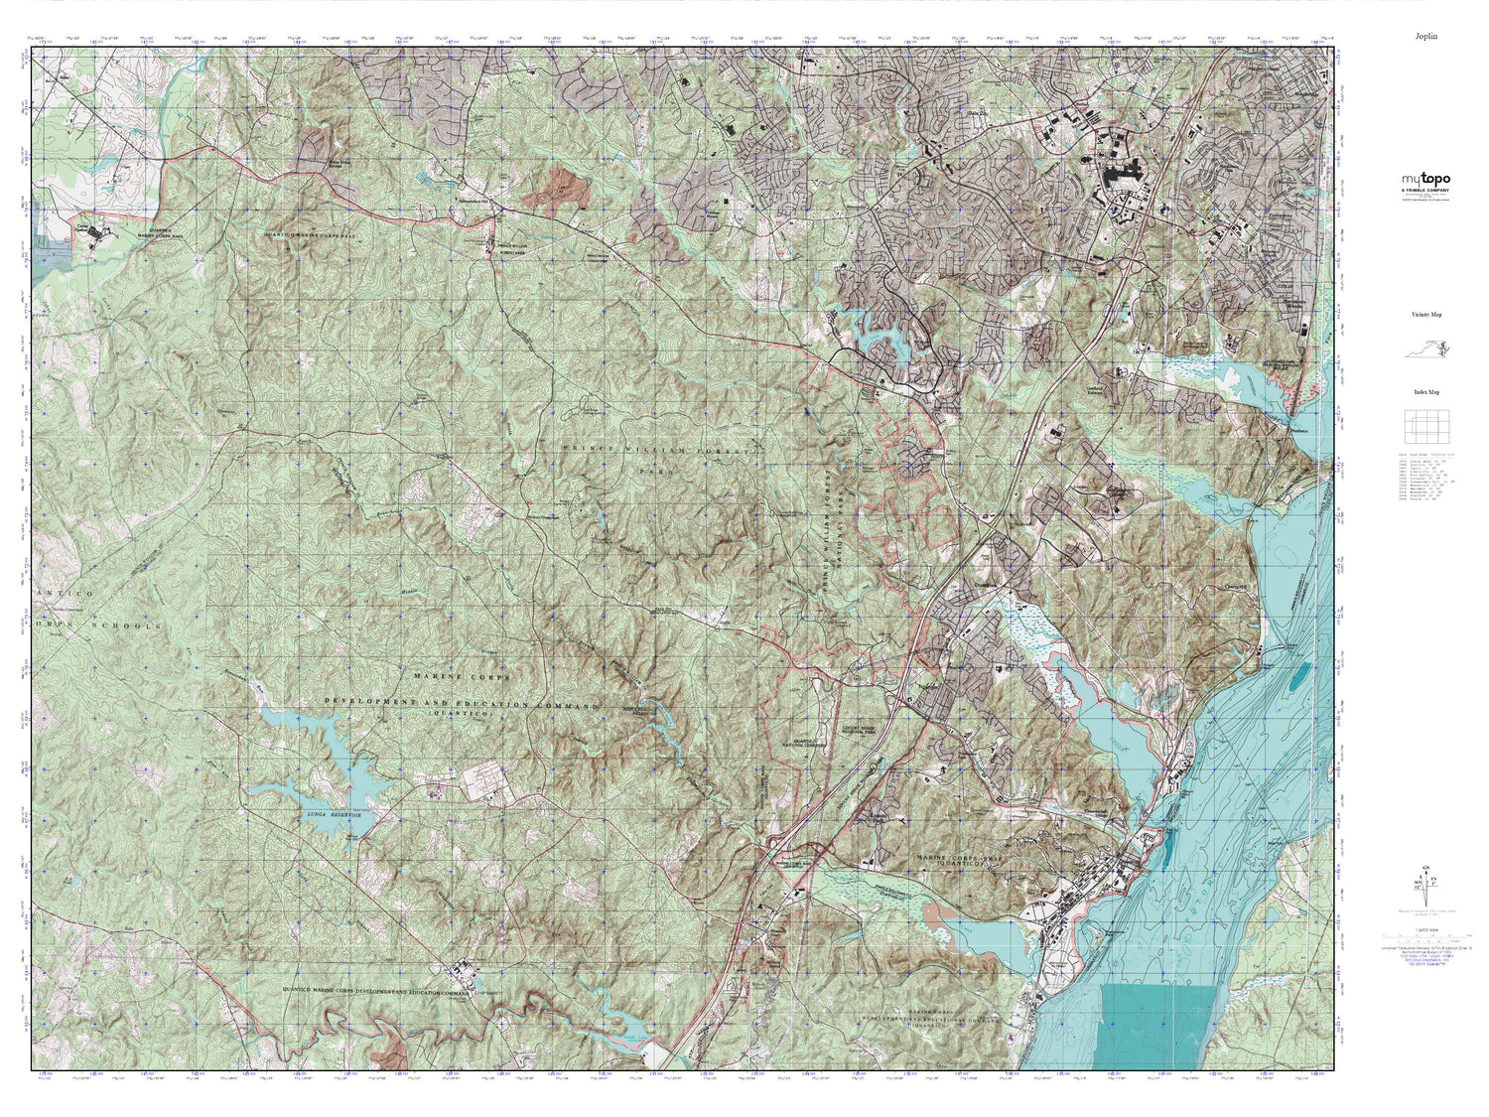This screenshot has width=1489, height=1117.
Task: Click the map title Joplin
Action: point(1426,36)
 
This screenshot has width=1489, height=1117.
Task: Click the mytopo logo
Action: point(1425,180)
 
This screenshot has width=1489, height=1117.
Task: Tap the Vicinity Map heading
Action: point(1426,315)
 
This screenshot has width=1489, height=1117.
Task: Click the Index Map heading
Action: point(1426,392)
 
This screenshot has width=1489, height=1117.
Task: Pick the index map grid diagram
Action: point(1426,426)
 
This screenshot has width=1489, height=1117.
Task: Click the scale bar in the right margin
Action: point(1426,935)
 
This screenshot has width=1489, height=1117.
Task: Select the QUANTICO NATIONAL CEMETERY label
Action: point(806,741)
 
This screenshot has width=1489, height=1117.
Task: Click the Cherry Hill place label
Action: point(1234,586)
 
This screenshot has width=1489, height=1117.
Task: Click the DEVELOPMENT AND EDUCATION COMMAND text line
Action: point(462,703)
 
